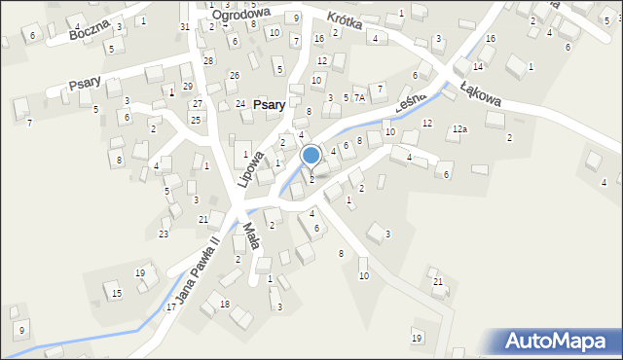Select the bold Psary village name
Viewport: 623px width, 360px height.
point(269,104)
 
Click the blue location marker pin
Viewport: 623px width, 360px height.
point(311,157)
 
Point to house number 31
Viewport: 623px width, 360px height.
point(185,26)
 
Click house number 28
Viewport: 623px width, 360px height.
point(208,60)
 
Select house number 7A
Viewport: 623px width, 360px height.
point(359,98)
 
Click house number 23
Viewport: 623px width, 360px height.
point(164,234)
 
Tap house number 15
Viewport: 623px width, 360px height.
point(117,293)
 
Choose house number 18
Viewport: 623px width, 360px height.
point(224,305)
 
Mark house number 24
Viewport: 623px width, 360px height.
point(240,104)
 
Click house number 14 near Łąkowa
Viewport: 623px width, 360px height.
point(478,66)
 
